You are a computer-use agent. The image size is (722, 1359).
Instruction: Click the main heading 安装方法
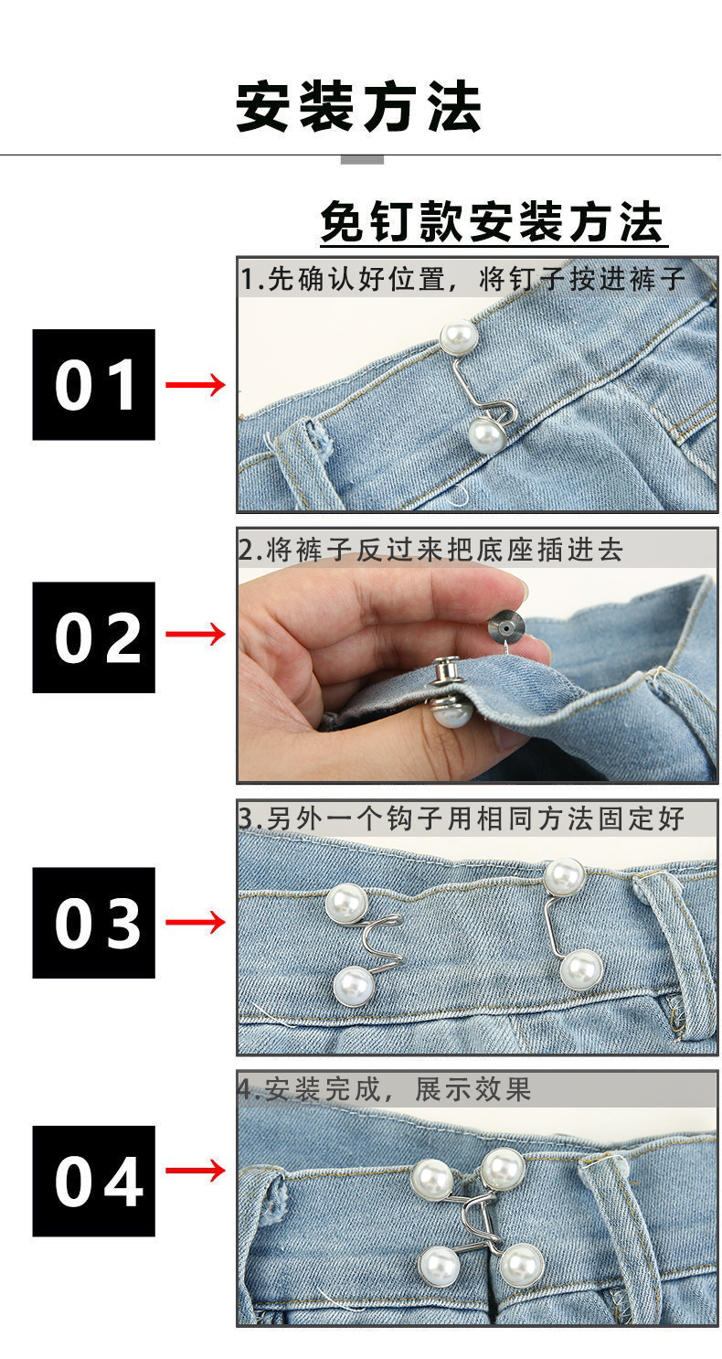(x=359, y=107)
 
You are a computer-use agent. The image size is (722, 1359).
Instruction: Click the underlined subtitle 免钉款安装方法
(x=493, y=222)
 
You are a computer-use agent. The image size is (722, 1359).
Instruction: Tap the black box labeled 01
(x=94, y=385)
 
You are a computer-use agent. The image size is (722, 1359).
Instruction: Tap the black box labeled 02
(x=94, y=637)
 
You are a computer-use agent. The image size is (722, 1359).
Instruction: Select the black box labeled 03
(x=94, y=923)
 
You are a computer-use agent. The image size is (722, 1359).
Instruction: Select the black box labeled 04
(x=94, y=1182)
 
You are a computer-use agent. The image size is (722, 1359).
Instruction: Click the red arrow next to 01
(x=195, y=384)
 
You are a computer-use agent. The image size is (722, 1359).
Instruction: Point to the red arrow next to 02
(x=195, y=634)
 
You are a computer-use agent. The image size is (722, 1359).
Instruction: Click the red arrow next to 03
(x=195, y=922)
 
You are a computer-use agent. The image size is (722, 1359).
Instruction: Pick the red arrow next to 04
(x=195, y=1170)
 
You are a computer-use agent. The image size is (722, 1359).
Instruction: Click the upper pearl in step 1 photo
(x=458, y=337)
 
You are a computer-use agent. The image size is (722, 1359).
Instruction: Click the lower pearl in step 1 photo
(x=486, y=434)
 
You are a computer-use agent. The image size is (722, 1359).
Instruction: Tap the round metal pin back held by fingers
(x=505, y=626)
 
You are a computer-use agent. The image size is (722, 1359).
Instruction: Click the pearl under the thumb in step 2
(x=451, y=710)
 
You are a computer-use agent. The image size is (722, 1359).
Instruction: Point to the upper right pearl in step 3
(x=564, y=876)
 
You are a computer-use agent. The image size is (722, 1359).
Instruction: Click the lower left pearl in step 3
(x=353, y=986)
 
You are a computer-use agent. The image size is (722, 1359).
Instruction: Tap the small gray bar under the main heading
(x=362, y=160)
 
